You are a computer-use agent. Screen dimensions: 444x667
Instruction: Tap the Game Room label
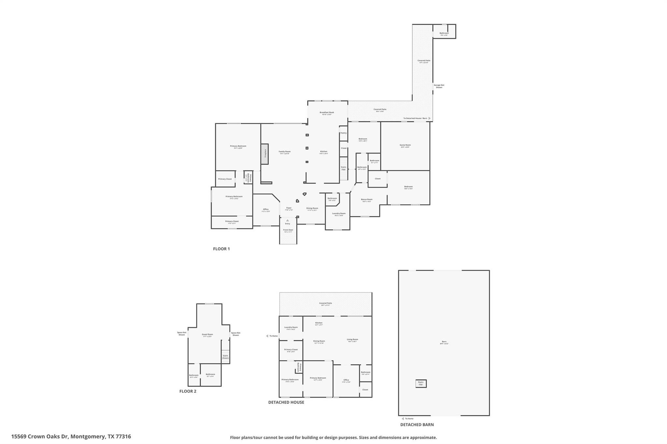click(405, 145)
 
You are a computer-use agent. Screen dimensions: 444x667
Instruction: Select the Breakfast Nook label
click(327, 113)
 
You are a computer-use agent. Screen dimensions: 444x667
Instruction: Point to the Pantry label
click(343, 133)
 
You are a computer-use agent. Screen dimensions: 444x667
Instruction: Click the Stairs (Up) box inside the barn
click(421, 383)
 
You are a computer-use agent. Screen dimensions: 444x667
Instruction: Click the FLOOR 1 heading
click(221, 249)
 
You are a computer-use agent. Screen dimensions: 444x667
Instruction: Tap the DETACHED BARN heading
click(417, 424)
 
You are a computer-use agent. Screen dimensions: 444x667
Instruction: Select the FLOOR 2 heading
click(188, 391)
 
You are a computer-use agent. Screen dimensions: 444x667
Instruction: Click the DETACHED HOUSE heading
click(286, 402)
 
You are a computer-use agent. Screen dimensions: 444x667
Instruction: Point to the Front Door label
click(288, 230)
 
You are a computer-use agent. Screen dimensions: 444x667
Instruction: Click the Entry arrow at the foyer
click(287, 221)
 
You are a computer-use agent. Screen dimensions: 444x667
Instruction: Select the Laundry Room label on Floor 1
click(339, 214)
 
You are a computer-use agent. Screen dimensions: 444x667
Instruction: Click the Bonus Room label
click(367, 199)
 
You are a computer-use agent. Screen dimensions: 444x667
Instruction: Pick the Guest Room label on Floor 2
click(207, 334)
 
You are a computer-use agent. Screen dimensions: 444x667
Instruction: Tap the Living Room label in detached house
click(352, 340)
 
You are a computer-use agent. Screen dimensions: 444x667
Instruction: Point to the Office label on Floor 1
click(266, 209)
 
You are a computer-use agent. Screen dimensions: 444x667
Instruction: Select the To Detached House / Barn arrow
click(430, 118)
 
